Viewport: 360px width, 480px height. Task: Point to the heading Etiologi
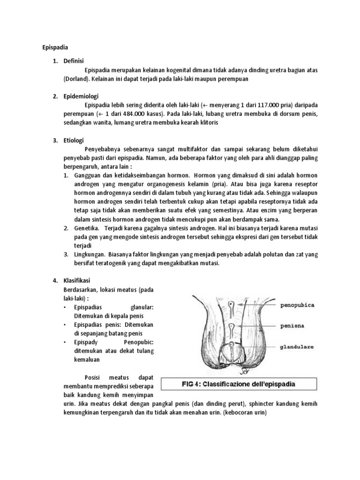tap(76, 140)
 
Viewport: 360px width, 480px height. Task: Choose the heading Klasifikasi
tap(80, 280)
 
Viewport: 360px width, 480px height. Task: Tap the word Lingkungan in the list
tap(90, 255)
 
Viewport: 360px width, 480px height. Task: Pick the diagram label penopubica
tap(297, 305)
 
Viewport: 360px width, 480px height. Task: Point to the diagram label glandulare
tap(297, 347)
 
